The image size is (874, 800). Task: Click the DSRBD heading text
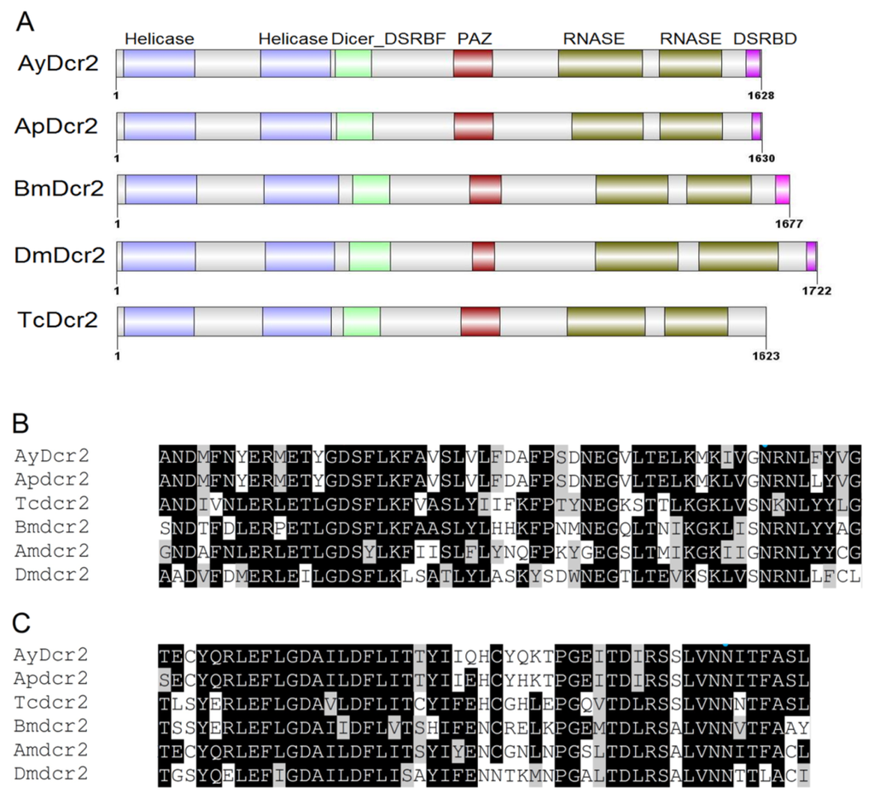point(766,38)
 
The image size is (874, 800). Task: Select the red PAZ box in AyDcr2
point(473,65)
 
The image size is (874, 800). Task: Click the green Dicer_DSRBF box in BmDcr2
point(371,190)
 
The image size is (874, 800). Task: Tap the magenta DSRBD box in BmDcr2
point(782,190)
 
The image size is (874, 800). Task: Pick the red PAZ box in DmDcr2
point(483,256)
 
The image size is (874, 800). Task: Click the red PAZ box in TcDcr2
point(481,321)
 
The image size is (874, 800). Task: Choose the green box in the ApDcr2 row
point(354,126)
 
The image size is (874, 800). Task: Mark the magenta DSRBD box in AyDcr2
point(753,65)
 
